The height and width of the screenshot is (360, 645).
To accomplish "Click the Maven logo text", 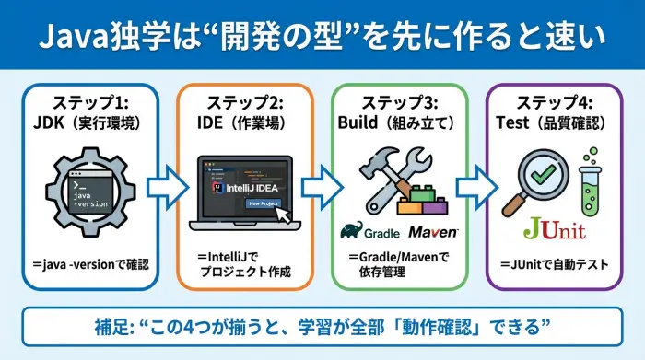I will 433,230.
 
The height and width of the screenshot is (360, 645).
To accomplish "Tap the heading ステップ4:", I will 554,102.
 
